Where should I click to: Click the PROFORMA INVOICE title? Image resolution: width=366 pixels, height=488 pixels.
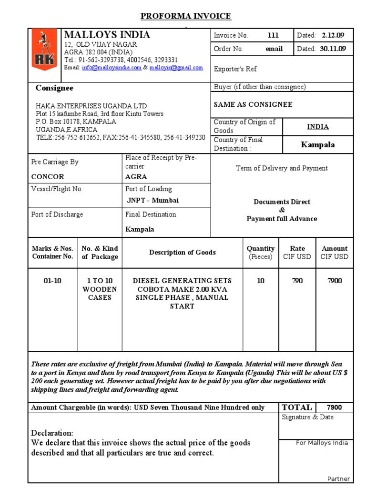pyautogui.click(x=185, y=16)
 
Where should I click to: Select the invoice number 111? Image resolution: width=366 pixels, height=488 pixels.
pyautogui.click(x=273, y=35)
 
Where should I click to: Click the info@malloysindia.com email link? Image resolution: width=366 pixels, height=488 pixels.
pyautogui.click(x=112, y=68)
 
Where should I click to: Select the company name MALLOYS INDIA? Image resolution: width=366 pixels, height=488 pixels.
pyautogui.click(x=107, y=35)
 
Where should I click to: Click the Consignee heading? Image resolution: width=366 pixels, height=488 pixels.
pyautogui.click(x=55, y=88)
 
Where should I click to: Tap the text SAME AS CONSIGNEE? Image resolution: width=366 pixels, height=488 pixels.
pyautogui.click(x=253, y=104)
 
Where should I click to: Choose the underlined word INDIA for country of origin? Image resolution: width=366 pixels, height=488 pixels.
pyautogui.click(x=317, y=127)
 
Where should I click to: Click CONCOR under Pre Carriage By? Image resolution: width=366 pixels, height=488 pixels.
pyautogui.click(x=47, y=176)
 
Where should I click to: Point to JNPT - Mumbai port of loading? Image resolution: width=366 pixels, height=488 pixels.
pyautogui.click(x=152, y=200)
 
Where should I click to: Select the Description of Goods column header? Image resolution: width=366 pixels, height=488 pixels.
pyautogui.click(x=182, y=253)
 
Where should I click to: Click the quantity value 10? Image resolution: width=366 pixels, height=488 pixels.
pyautogui.click(x=260, y=281)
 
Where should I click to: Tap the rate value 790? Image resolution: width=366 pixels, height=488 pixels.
pyautogui.click(x=297, y=281)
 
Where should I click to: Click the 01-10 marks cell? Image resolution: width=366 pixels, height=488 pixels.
pyautogui.click(x=52, y=281)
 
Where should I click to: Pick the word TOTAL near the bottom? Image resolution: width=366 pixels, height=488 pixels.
pyautogui.click(x=297, y=407)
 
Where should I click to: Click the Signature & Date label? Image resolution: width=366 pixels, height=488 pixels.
pyautogui.click(x=307, y=417)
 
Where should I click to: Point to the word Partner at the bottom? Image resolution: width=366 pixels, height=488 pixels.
pyautogui.click(x=338, y=478)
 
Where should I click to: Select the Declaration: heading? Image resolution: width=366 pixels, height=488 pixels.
pyautogui.click(x=52, y=433)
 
